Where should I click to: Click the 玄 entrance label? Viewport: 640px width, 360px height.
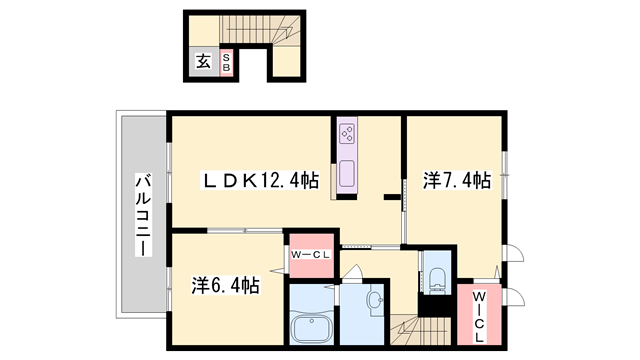[x=203, y=61]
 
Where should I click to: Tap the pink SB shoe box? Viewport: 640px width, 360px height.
[x=226, y=62]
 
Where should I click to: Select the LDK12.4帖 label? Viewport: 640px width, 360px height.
[x=261, y=181]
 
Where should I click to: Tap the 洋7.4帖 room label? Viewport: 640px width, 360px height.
[x=456, y=181]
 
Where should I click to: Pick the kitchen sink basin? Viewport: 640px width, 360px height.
[x=347, y=172]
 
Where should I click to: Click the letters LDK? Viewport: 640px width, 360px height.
[x=231, y=181]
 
